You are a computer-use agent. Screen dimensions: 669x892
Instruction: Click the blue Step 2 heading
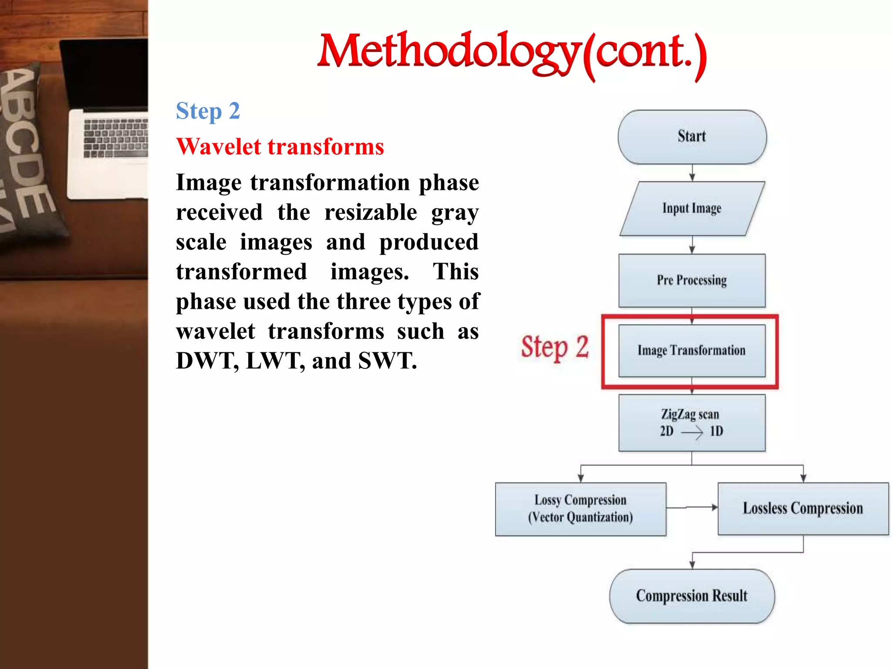point(208,111)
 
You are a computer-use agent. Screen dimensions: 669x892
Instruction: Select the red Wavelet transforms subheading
point(280,147)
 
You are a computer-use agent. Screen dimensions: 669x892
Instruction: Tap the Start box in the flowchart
point(692,137)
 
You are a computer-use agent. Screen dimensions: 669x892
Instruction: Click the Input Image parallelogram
point(692,209)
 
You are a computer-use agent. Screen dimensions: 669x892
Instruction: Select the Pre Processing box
point(692,280)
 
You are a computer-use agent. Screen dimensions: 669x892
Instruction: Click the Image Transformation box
point(692,351)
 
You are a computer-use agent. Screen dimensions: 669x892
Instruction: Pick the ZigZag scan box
point(692,422)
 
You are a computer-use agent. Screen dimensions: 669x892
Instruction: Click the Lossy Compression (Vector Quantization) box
point(580,509)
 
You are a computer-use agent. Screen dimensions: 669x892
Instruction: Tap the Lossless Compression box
point(803,509)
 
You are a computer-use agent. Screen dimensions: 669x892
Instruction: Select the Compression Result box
point(692,596)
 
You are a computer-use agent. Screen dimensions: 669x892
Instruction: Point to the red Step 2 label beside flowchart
point(555,348)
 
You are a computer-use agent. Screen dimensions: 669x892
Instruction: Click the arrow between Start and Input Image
point(692,173)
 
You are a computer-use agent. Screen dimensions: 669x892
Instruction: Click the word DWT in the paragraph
point(206,361)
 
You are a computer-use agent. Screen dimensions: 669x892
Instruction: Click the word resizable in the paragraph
point(371,213)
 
